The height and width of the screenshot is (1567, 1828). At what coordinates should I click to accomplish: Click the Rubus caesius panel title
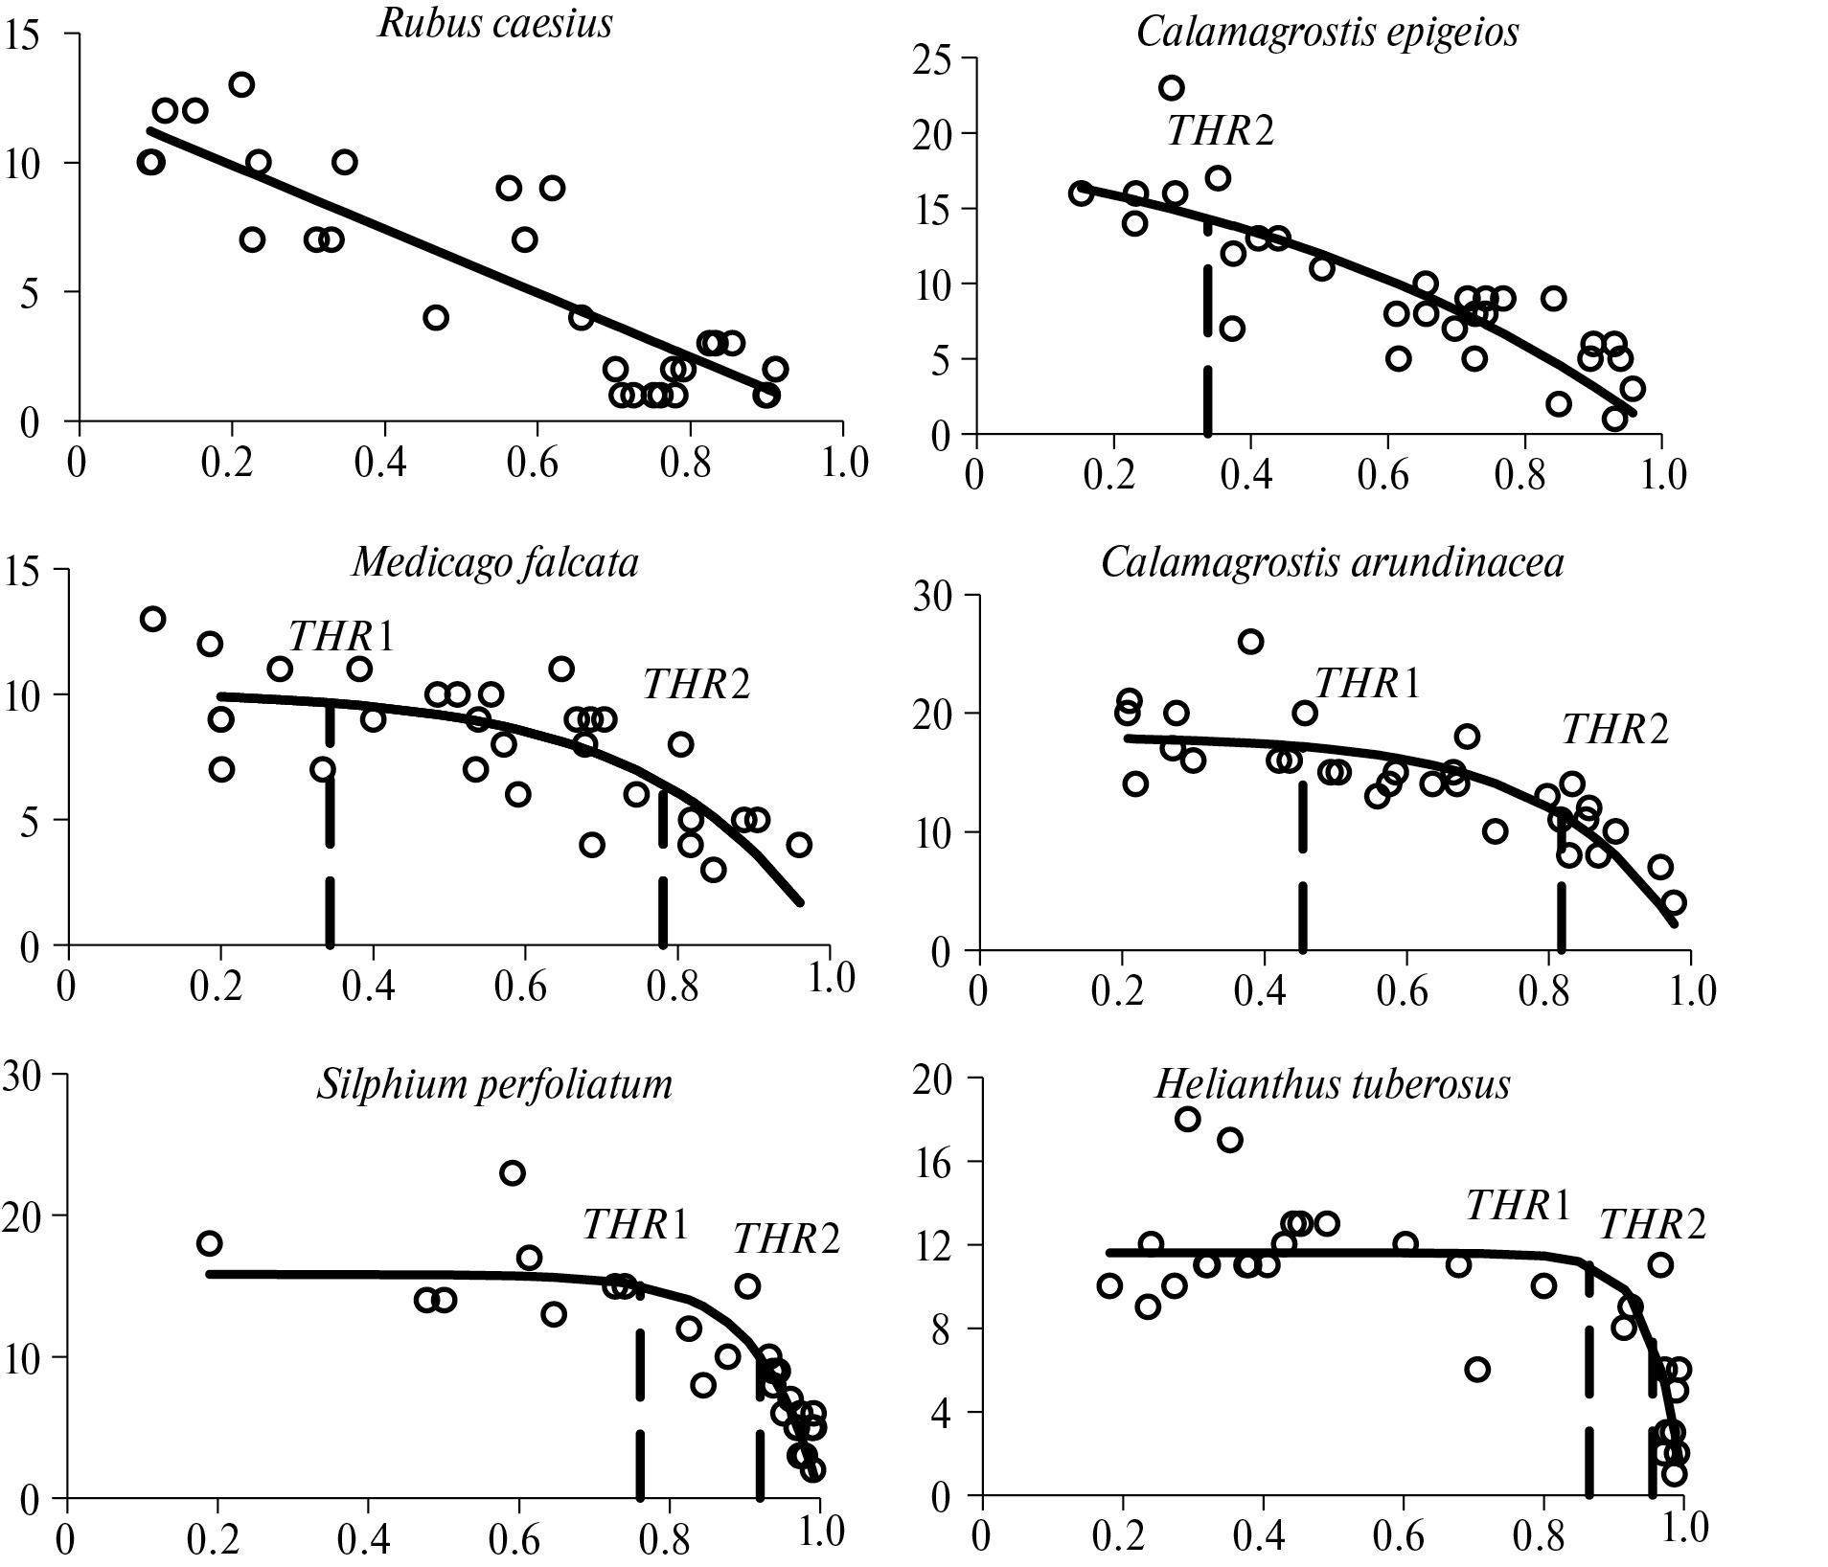(x=495, y=24)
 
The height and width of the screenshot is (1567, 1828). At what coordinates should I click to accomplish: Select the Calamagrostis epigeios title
(x=1327, y=32)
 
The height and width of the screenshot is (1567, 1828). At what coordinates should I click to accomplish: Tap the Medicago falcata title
(x=495, y=563)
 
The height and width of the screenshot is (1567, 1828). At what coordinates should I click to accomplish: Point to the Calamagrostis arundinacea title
(x=1332, y=563)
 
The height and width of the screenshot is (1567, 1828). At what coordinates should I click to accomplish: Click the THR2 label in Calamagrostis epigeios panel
(x=1221, y=131)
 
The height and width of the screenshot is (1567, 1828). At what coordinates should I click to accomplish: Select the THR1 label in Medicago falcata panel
(x=341, y=636)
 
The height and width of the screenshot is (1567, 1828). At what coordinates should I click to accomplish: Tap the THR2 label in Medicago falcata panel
(x=697, y=685)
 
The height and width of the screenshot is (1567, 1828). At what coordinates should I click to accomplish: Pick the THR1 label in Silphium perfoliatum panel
(x=635, y=1224)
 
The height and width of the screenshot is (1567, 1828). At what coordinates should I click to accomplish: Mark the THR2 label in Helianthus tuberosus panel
(x=1653, y=1225)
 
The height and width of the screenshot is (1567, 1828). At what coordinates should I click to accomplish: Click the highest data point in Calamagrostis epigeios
(x=1171, y=88)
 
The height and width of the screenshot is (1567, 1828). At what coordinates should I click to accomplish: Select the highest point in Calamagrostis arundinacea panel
(x=1250, y=642)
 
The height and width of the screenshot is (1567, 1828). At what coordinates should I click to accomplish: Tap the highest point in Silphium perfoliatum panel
(x=513, y=1172)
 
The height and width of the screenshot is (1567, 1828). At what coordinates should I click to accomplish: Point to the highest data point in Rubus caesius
(x=241, y=84)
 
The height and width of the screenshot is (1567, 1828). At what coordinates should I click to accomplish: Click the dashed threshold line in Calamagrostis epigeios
(x=1207, y=326)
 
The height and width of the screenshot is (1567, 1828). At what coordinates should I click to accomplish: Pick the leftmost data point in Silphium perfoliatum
(x=209, y=1243)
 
